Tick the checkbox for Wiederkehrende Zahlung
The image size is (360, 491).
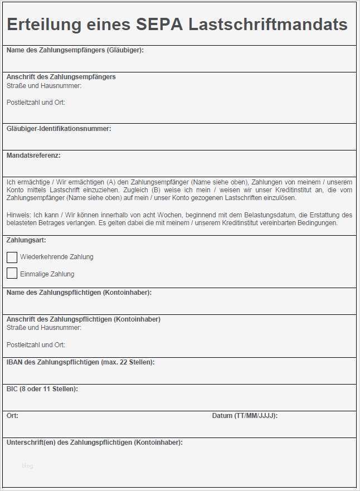click(12, 257)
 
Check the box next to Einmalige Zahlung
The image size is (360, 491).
click(12, 274)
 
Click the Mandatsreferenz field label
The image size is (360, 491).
click(33, 155)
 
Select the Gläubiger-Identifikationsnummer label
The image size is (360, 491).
click(59, 129)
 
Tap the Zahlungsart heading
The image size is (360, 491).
click(26, 240)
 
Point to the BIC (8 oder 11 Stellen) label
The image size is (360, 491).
click(42, 388)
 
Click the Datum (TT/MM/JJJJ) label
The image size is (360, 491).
click(245, 416)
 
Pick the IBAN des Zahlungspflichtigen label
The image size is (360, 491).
click(80, 362)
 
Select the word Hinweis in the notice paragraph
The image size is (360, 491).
click(18, 215)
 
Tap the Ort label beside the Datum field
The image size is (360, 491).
click(12, 416)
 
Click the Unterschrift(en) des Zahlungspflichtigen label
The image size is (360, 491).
click(94, 443)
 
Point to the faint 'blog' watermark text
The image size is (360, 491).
click(28, 466)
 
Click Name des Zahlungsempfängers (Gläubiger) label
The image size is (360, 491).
click(75, 50)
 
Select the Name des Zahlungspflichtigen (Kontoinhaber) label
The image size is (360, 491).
click(79, 293)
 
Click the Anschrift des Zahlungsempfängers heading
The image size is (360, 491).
click(61, 77)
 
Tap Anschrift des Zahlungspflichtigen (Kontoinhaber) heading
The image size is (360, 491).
click(83, 319)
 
